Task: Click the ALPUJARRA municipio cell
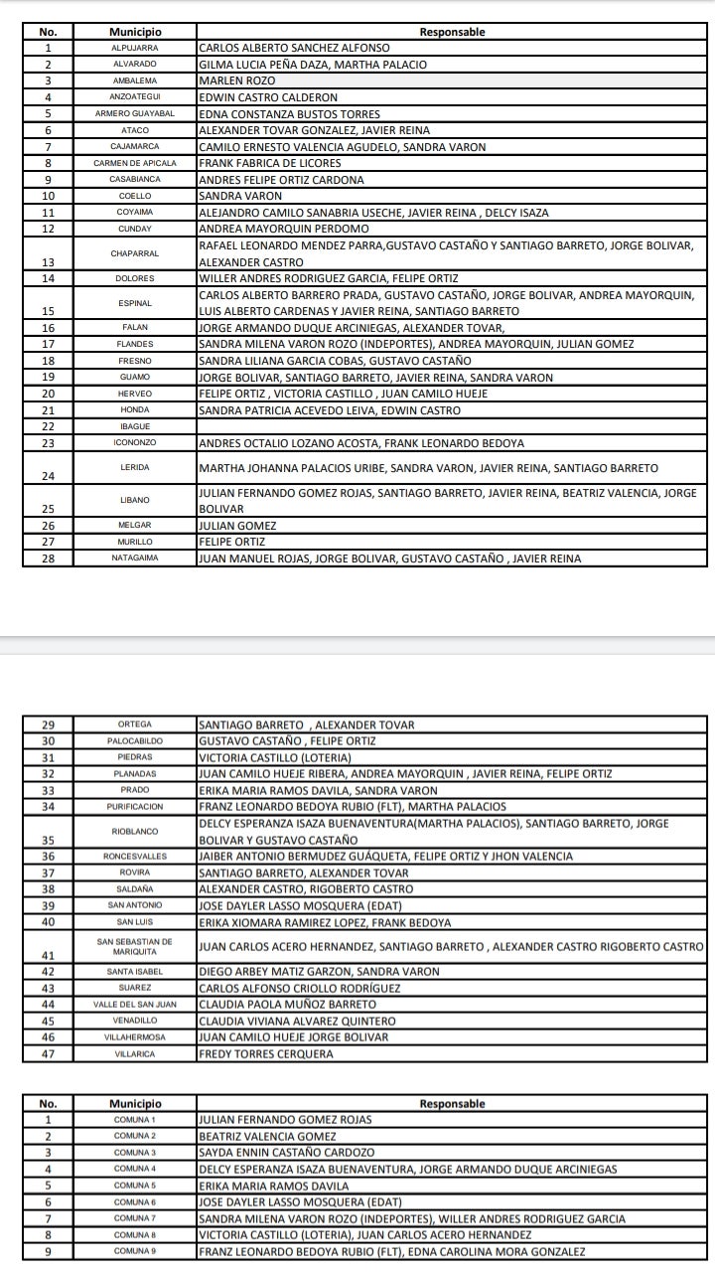coord(135,48)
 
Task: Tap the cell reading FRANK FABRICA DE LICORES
coord(269,163)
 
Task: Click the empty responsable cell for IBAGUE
coord(452,426)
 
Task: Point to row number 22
coord(48,426)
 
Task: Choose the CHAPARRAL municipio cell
coord(135,253)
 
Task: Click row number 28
coord(48,558)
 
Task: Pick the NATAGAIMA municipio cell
coord(135,558)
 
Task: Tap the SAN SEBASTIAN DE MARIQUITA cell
coord(135,946)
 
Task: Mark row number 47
coord(48,1053)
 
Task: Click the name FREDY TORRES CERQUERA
coord(266,1053)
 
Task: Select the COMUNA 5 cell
coord(135,1186)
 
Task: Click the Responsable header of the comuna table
coord(452,1103)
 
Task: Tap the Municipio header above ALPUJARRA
coord(135,32)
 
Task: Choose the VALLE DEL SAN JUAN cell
coord(135,1005)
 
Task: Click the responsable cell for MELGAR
coord(237,526)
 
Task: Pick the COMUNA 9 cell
coord(135,1252)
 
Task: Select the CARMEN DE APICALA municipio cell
coord(135,163)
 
